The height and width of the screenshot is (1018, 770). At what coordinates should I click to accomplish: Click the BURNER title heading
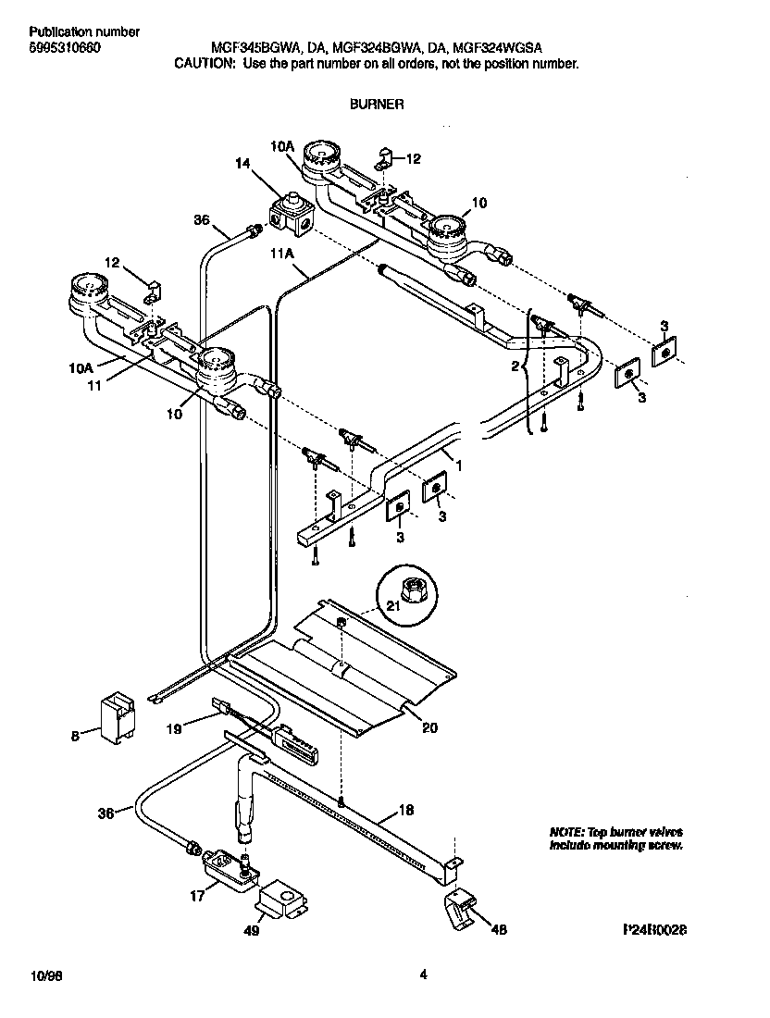pos(376,106)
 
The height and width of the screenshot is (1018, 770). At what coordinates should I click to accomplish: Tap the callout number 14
pos(242,164)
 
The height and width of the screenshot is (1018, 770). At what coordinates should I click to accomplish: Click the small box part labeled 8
pos(117,716)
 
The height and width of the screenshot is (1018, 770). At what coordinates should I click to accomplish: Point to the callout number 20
pos(428,727)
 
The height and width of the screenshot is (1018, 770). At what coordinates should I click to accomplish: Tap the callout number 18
pos(405,811)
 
